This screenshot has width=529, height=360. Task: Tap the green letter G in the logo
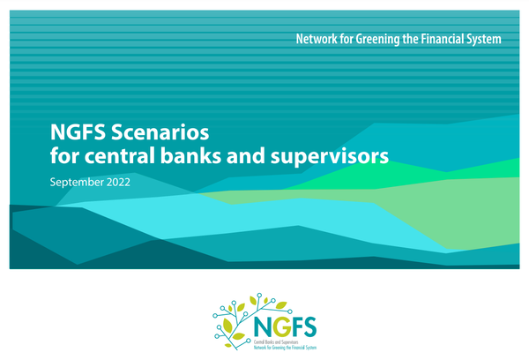279,326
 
